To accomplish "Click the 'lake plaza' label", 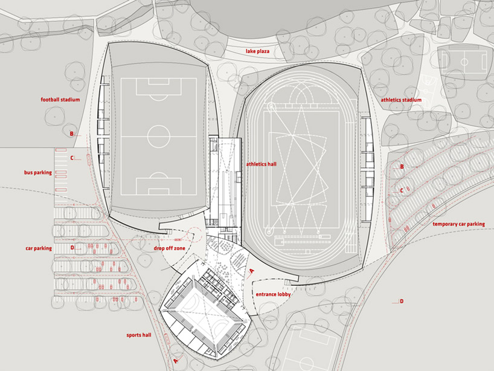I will pos(257,52).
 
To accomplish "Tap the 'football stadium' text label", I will pos(60,99).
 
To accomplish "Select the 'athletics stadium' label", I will pos(401,100).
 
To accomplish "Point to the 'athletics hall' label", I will pos(261,164).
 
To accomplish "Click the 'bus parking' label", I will pos(38,173).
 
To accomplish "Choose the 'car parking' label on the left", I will pos(39,248).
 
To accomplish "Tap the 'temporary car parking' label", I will pos(458,224).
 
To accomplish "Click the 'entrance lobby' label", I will pos(273,294).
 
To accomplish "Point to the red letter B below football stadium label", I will pos(71,134).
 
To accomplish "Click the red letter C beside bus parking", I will pos(71,158).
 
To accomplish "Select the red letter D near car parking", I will pos(71,247).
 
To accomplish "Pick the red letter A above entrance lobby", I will pos(252,273).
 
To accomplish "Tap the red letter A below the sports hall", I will pos(176,361).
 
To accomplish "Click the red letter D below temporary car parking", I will pos(402,301).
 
